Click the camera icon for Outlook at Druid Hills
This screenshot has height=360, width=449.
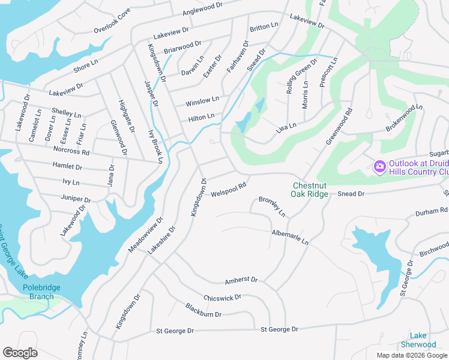point(379,166)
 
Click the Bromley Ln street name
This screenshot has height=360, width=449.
point(272,207)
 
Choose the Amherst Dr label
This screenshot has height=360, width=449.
point(241,280)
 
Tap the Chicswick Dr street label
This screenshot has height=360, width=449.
point(222,298)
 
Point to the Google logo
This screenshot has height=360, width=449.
point(20,352)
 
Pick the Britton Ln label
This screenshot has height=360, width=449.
point(264,26)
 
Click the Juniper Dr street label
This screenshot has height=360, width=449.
point(75,198)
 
